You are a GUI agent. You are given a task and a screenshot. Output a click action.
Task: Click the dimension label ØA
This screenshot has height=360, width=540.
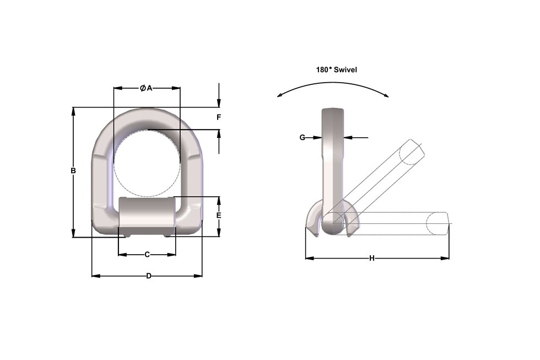coord(146,88)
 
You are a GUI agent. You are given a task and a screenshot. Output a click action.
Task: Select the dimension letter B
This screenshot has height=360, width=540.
coord(73,171)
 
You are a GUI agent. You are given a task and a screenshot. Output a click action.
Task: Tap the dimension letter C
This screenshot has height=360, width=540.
coord(147,255)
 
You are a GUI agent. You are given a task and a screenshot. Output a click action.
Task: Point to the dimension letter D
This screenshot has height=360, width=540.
coord(148,276)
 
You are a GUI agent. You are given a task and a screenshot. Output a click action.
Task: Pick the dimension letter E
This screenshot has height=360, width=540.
coord(219,216)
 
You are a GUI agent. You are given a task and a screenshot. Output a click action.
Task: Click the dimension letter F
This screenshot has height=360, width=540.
coord(219,117)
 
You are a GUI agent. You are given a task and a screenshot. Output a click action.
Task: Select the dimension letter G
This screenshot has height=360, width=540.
coord(302,137)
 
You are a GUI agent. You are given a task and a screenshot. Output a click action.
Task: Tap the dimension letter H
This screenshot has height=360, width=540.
coord(372,258)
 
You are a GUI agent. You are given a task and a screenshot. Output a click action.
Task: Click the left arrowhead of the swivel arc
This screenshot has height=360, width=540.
coord(280,95)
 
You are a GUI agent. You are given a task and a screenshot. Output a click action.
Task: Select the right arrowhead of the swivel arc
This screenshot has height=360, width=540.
coord(386,95)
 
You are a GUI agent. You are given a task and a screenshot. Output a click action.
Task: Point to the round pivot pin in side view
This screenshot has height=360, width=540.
coord(333,224)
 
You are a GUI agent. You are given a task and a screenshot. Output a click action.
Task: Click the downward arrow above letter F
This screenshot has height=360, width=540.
coord(219,103)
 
